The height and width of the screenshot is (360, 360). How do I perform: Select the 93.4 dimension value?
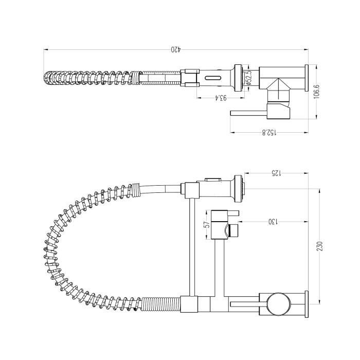[220, 98]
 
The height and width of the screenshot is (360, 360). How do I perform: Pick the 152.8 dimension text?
[270, 133]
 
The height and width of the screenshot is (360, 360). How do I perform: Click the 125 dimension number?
[276, 173]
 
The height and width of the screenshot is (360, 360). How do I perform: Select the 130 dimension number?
[273, 222]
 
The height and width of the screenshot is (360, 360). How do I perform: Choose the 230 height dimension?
[320, 246]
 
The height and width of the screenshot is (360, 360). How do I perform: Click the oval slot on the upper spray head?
[213, 78]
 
